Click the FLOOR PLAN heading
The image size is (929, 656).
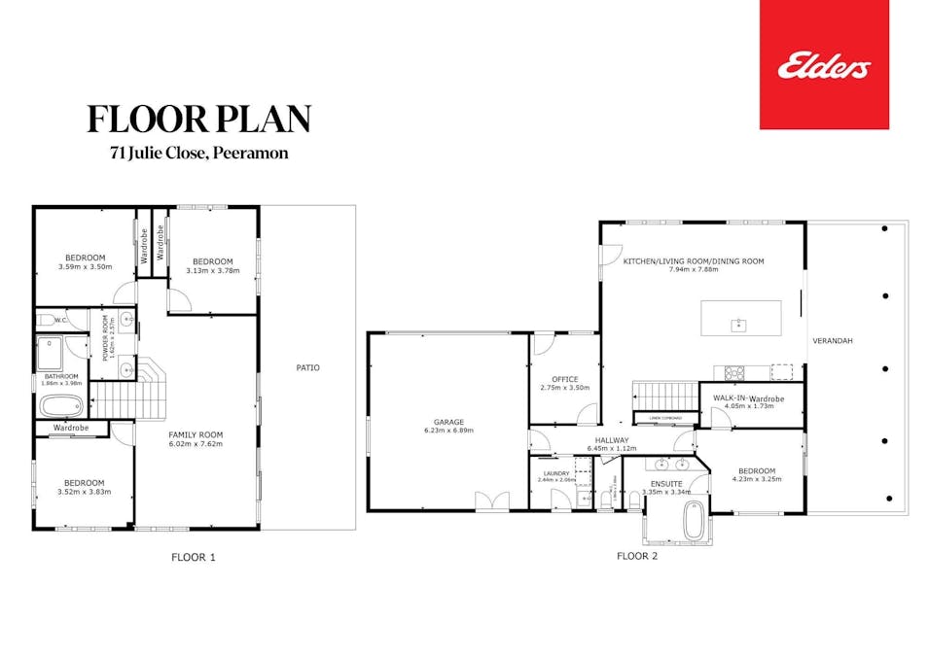point(198,119)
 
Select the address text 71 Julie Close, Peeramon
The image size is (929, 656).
point(198,153)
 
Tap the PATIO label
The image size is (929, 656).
point(307,367)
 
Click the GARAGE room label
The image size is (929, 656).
point(448,422)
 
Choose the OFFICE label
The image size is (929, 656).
point(564,379)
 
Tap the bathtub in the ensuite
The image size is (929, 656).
point(694,521)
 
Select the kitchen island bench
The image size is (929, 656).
point(740,318)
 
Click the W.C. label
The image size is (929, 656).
point(60,319)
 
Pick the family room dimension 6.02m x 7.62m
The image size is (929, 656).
point(196,444)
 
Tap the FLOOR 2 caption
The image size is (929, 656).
point(637,557)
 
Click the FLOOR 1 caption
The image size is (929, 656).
point(194,557)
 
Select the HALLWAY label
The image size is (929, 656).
point(613,440)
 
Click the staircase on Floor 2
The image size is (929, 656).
point(654,396)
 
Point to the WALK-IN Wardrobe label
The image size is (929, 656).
point(747,398)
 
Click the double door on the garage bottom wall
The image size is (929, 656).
point(491,501)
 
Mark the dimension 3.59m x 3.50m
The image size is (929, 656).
point(85,266)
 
